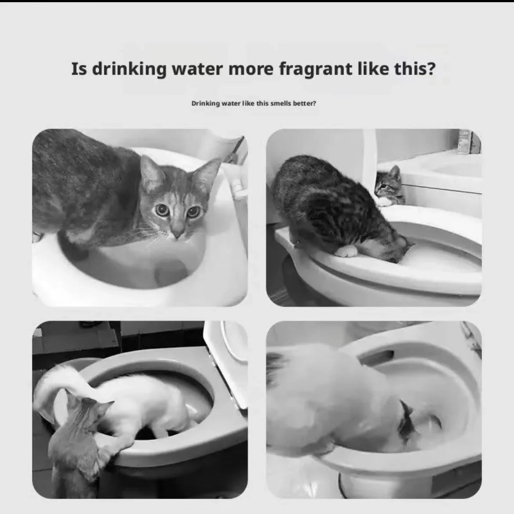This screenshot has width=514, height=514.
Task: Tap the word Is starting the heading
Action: (79, 69)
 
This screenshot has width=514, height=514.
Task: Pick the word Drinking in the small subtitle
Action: (205, 104)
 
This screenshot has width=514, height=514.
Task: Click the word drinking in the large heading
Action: (129, 69)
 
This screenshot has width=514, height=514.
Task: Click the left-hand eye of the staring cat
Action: (162, 210)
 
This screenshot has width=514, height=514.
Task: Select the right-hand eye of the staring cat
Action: (193, 212)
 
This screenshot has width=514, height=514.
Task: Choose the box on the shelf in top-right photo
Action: (464, 141)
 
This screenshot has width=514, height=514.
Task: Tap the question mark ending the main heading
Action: (430, 69)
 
